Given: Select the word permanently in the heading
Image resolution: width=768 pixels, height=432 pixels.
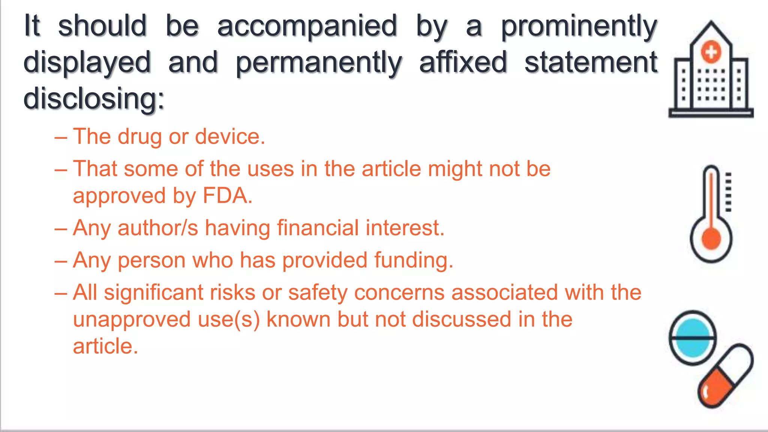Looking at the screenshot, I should click(319, 63).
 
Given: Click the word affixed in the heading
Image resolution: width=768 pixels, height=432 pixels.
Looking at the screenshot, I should click(463, 62).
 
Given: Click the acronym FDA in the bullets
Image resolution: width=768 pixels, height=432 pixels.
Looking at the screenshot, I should click(227, 196).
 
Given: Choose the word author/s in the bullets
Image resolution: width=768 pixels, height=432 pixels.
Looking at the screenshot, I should click(157, 228).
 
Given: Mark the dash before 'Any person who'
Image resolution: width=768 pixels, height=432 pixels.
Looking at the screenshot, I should click(61, 261).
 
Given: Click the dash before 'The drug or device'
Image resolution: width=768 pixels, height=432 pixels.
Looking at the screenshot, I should click(61, 137).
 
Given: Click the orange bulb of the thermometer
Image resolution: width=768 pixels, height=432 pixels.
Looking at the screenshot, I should click(711, 239).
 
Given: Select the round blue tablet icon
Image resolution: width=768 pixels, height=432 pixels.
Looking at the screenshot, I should click(693, 337).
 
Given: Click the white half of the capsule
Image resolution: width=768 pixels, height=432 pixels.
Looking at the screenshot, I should click(736, 361).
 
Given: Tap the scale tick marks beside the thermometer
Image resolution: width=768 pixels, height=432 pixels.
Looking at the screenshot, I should click(728, 192).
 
